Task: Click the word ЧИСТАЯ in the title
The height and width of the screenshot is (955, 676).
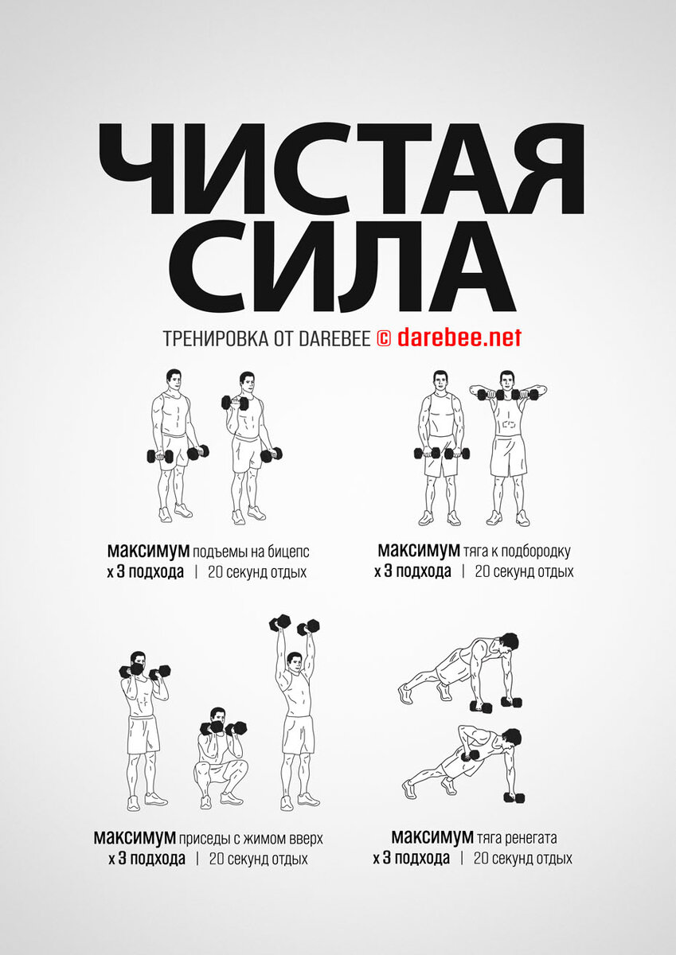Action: (342, 170)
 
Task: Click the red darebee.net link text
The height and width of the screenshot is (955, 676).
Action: (459, 337)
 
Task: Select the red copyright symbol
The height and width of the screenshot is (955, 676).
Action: (384, 339)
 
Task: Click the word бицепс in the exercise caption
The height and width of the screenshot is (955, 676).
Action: (288, 552)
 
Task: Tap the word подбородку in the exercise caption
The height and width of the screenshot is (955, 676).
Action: (535, 552)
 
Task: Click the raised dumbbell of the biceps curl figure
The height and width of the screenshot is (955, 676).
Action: (235, 403)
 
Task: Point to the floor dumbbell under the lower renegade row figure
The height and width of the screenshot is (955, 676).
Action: (514, 762)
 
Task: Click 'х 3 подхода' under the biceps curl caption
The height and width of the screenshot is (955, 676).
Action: (146, 572)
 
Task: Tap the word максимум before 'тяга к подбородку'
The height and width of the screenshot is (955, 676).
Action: (419, 551)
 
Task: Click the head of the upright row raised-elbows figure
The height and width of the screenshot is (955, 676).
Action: (506, 380)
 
